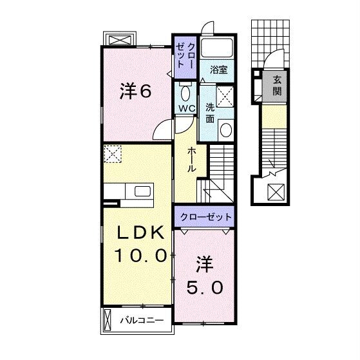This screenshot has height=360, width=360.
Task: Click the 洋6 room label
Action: (135, 92)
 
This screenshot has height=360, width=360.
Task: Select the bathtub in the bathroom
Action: (217, 47)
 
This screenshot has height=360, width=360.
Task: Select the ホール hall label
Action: (192, 158)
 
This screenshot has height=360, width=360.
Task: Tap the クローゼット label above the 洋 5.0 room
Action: (203, 217)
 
